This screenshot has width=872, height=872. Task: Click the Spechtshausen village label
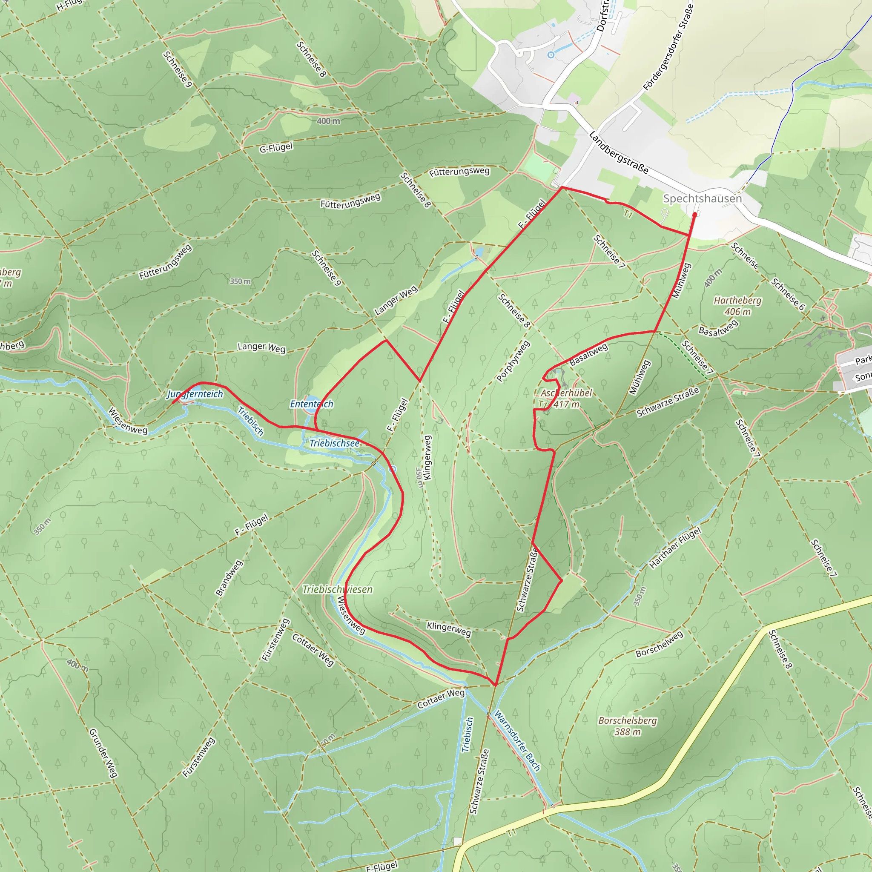(x=702, y=198)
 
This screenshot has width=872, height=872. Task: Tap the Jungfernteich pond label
(x=195, y=394)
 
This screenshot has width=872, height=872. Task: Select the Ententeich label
(x=311, y=404)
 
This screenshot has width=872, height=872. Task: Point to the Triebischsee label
(x=334, y=443)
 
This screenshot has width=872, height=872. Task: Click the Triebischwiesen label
(x=338, y=589)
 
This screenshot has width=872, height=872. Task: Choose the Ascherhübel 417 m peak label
(x=566, y=399)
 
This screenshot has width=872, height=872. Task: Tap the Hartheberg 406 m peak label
(x=737, y=306)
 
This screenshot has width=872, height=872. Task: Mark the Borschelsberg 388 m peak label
(x=627, y=726)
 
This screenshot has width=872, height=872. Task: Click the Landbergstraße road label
(x=619, y=152)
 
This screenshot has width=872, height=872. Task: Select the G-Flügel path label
(x=276, y=148)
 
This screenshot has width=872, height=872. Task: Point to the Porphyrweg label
(x=513, y=361)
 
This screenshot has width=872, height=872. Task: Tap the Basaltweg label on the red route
(x=588, y=354)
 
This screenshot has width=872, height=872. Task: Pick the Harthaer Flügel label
(x=675, y=548)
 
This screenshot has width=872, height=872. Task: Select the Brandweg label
(x=229, y=578)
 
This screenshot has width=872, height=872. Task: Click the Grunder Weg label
(x=103, y=753)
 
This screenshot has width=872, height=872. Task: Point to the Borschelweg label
(x=660, y=644)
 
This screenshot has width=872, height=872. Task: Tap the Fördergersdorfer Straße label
(x=668, y=47)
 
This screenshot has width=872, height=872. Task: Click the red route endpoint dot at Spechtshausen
(x=694, y=215)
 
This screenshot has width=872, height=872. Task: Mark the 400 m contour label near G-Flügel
(x=328, y=121)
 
